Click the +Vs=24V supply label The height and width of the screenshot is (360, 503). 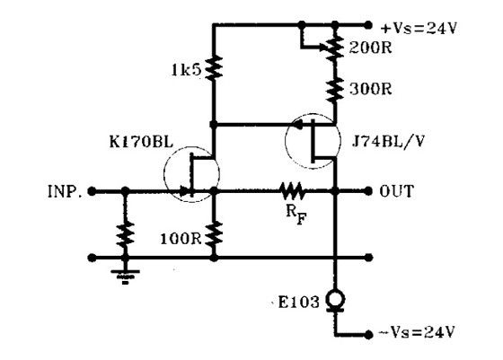419,29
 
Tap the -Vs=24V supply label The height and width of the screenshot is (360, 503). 417,332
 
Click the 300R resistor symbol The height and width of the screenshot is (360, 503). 335,89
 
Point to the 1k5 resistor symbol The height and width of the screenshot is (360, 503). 214,68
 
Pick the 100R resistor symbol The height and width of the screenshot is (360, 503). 214,233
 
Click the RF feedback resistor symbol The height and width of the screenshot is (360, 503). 292,191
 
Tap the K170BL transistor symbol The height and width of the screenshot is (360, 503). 192,174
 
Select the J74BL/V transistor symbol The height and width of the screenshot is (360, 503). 313,141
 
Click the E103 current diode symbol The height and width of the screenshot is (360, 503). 336,302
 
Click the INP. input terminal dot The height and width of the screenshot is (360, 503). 92,192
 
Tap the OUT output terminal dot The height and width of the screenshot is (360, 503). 368,191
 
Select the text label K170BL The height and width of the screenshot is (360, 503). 141,142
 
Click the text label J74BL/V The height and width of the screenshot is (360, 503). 388,141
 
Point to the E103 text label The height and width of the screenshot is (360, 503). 298,302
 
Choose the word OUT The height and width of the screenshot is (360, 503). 396,191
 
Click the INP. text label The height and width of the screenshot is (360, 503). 65,192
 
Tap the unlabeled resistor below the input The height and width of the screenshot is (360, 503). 125,234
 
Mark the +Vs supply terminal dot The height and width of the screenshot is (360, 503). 368,24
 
